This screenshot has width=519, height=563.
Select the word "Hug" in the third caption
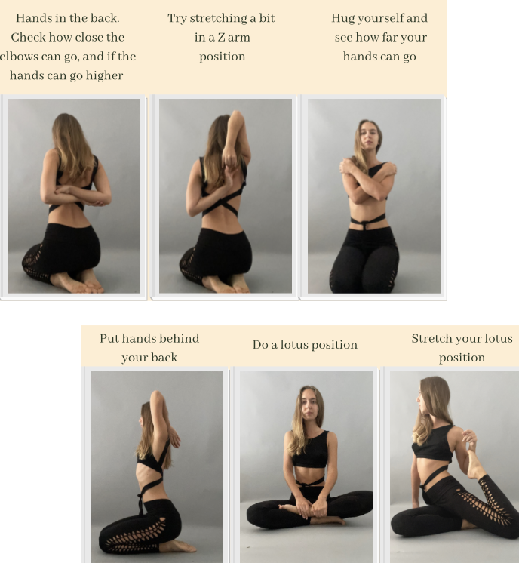[343, 19]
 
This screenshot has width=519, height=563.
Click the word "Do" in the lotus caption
[259, 345]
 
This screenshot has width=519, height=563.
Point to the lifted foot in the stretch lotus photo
[475, 463]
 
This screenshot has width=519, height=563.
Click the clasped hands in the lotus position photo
[311, 506]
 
